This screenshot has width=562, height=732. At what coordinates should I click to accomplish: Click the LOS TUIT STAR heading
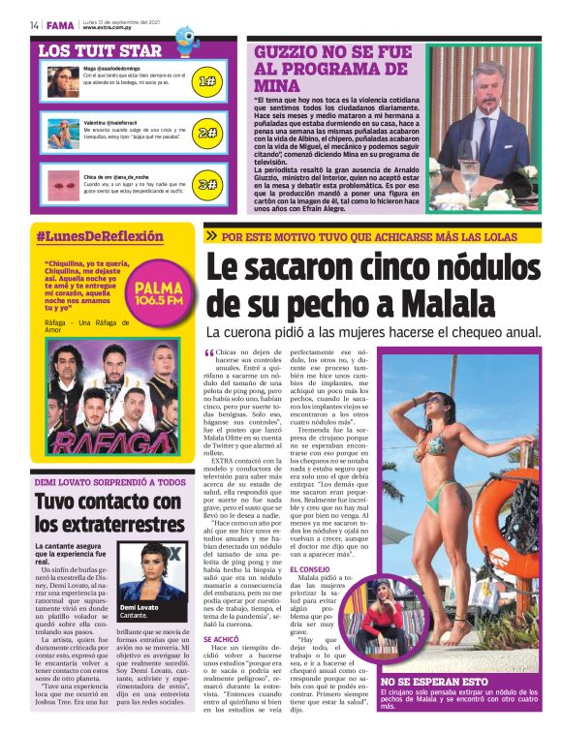[x=100, y=50]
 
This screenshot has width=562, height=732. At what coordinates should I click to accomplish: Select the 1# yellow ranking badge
[x=207, y=82]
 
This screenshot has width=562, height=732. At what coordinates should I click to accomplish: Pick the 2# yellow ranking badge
[x=207, y=133]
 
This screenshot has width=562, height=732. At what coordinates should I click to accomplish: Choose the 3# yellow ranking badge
[x=207, y=184]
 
